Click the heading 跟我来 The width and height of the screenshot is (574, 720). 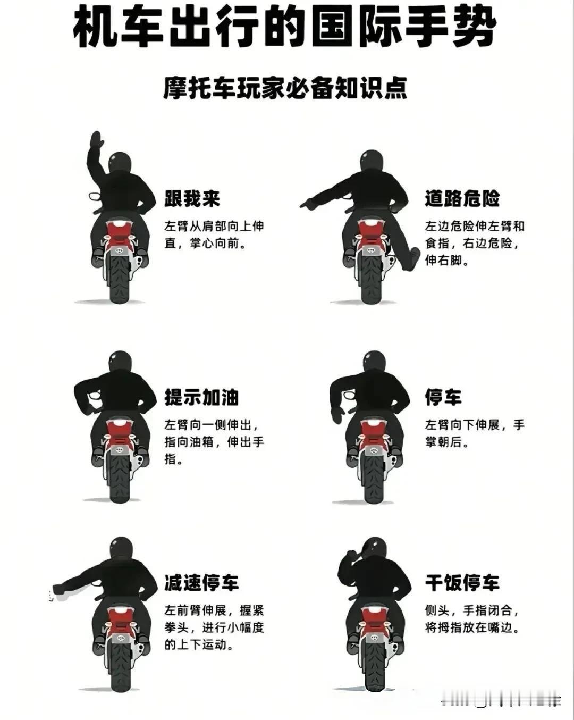pyautogui.click(x=192, y=199)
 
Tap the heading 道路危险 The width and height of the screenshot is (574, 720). pyautogui.click(x=462, y=199)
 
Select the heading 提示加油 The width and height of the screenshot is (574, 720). pyautogui.click(x=201, y=397)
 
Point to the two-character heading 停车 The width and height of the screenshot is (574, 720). pyautogui.click(x=443, y=397)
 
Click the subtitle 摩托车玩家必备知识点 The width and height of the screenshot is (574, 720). pyautogui.click(x=285, y=88)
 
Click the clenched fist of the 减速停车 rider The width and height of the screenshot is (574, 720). pyautogui.click(x=60, y=588)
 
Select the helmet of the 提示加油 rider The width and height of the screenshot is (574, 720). pyautogui.click(x=121, y=362)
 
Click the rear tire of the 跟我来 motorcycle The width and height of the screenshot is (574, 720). pyautogui.click(x=120, y=280)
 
